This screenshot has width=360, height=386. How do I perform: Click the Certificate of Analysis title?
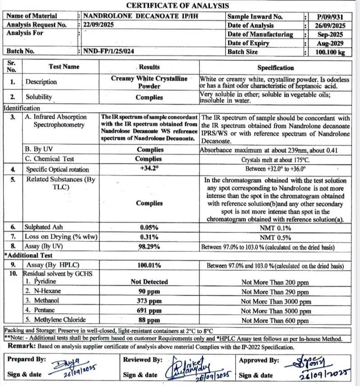[177, 5]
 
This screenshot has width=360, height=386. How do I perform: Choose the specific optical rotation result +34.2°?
[149, 169]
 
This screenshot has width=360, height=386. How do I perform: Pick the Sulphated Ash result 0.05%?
[149, 228]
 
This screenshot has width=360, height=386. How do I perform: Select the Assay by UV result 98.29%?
[149, 246]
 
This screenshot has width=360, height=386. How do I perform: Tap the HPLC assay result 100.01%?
[149, 265]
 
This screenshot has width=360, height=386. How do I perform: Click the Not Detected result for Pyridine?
[149, 282]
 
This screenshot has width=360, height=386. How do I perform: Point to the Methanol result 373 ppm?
[149, 301]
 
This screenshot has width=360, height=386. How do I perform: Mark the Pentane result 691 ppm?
[149, 311]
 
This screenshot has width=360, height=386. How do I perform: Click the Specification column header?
[276, 67]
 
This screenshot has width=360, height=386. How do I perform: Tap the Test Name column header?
[64, 66]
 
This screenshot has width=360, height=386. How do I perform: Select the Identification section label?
[22, 108]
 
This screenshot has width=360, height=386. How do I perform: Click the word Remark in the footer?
[22, 347]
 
